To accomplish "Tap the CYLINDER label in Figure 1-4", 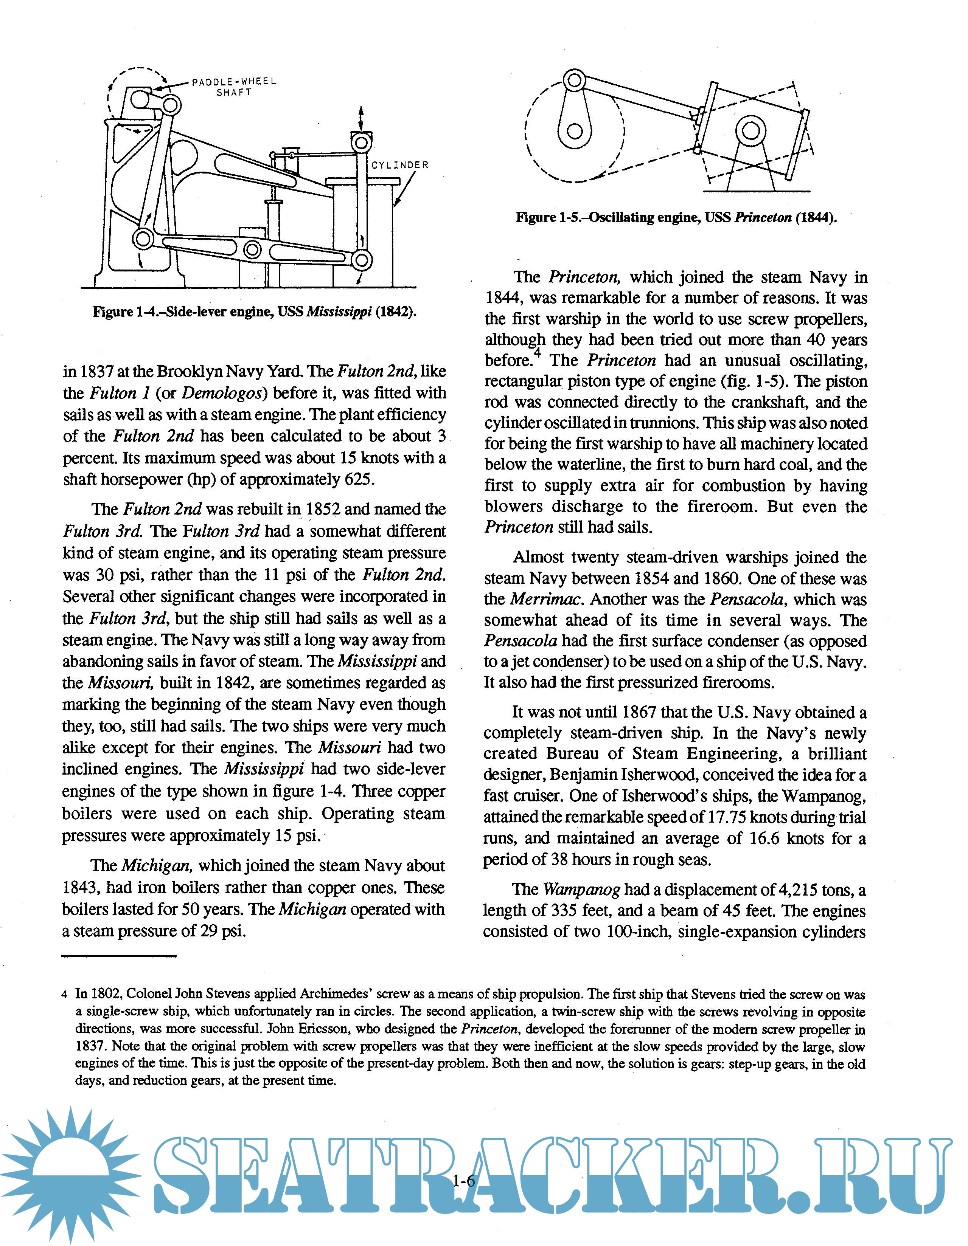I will [399, 165].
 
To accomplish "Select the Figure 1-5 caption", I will [676, 217].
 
